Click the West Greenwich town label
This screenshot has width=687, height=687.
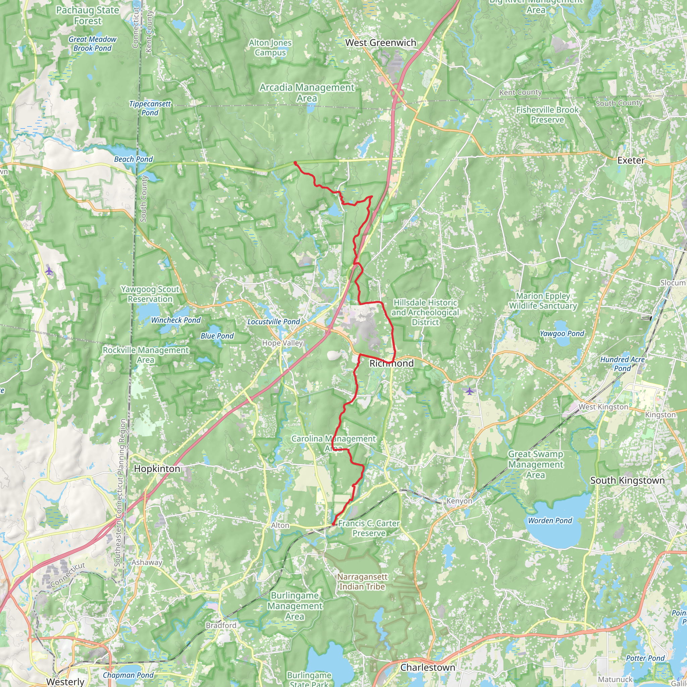[380, 43]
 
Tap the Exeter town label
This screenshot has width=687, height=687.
[631, 160]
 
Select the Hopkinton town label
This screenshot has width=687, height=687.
[157, 469]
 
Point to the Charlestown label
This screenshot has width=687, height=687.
[427, 668]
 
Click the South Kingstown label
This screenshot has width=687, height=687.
[627, 480]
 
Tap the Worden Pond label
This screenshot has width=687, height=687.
[550, 521]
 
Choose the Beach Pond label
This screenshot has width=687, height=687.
[134, 159]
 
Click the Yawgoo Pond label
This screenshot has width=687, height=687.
[562, 333]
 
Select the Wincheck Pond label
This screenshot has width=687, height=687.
[176, 320]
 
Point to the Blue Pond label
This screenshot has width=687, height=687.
[217, 336]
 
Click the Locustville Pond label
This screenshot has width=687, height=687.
[273, 322]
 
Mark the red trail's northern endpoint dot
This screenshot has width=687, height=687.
[295, 163]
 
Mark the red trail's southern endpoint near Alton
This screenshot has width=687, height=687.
[333, 524]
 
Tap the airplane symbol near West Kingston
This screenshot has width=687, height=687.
[470, 391]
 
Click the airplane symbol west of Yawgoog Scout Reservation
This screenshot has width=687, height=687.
[49, 271]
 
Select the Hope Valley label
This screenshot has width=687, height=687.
[282, 343]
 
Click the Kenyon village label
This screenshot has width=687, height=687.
[459, 501]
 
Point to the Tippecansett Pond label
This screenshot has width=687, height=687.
[150, 108]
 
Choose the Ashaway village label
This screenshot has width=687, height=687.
[147, 562]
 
